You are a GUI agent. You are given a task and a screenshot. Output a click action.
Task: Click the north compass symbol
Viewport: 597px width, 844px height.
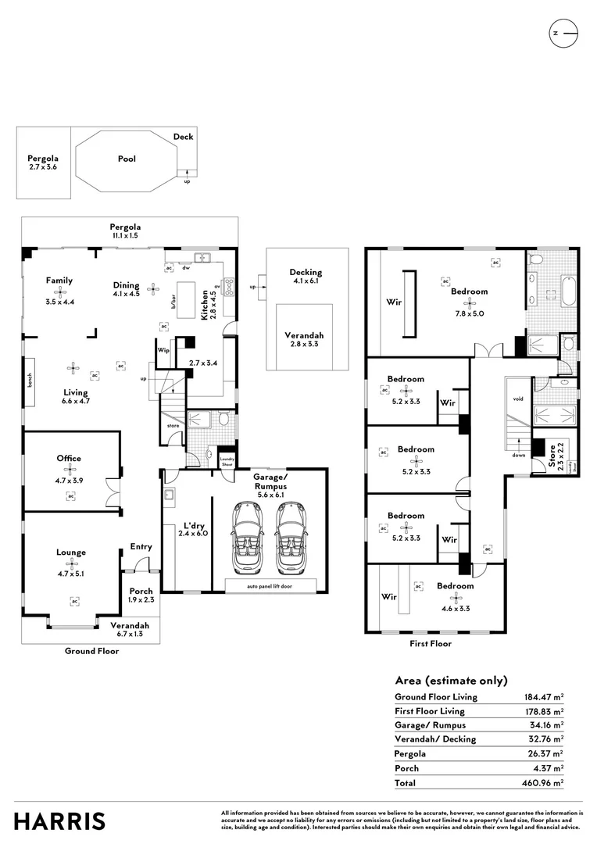565,34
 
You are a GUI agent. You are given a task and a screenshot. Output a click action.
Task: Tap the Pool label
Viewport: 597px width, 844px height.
127,159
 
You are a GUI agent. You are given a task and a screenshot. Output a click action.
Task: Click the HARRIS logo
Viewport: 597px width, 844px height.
59,821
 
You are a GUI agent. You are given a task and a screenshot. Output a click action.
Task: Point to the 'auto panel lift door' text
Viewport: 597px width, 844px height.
270,585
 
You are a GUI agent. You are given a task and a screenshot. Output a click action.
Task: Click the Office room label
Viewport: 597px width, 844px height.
69,459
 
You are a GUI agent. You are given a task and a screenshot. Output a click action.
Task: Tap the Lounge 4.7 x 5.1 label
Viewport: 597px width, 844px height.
70,557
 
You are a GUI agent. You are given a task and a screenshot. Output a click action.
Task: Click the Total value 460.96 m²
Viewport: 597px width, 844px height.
544,782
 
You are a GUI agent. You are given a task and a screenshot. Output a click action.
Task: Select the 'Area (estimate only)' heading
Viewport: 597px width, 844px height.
451,680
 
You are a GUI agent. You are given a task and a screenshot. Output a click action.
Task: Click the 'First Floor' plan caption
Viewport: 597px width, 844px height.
430,644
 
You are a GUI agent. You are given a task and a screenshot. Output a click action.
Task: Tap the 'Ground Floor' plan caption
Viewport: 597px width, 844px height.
91,651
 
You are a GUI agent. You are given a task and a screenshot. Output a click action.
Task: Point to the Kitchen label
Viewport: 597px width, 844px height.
206,304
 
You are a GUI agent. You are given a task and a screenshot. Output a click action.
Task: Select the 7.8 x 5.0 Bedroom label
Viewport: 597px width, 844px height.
469,297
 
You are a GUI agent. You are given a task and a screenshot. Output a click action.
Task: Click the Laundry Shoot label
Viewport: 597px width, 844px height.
227,461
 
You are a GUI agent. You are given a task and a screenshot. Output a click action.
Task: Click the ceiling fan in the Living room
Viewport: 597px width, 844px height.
73,366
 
